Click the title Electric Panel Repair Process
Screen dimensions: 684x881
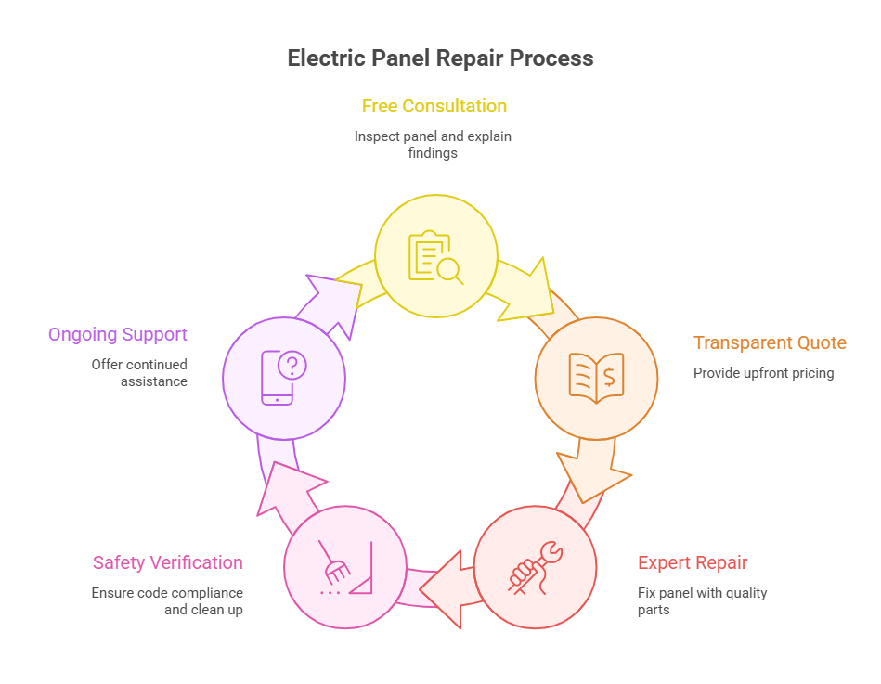tap(440, 58)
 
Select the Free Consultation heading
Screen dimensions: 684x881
tap(434, 106)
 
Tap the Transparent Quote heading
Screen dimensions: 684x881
tap(770, 342)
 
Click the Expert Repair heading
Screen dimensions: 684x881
tap(693, 562)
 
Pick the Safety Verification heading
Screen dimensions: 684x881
tap(168, 562)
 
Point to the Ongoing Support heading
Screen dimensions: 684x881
tap(118, 334)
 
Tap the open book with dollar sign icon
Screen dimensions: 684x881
tap(596, 377)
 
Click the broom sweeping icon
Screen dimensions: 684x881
tap(344, 566)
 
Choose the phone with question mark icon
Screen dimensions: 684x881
tap(283, 378)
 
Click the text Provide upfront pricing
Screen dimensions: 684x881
tap(763, 373)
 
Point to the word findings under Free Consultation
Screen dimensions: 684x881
tap(433, 152)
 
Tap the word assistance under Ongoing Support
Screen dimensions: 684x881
tap(154, 381)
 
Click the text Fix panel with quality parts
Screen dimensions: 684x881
tap(702, 601)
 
